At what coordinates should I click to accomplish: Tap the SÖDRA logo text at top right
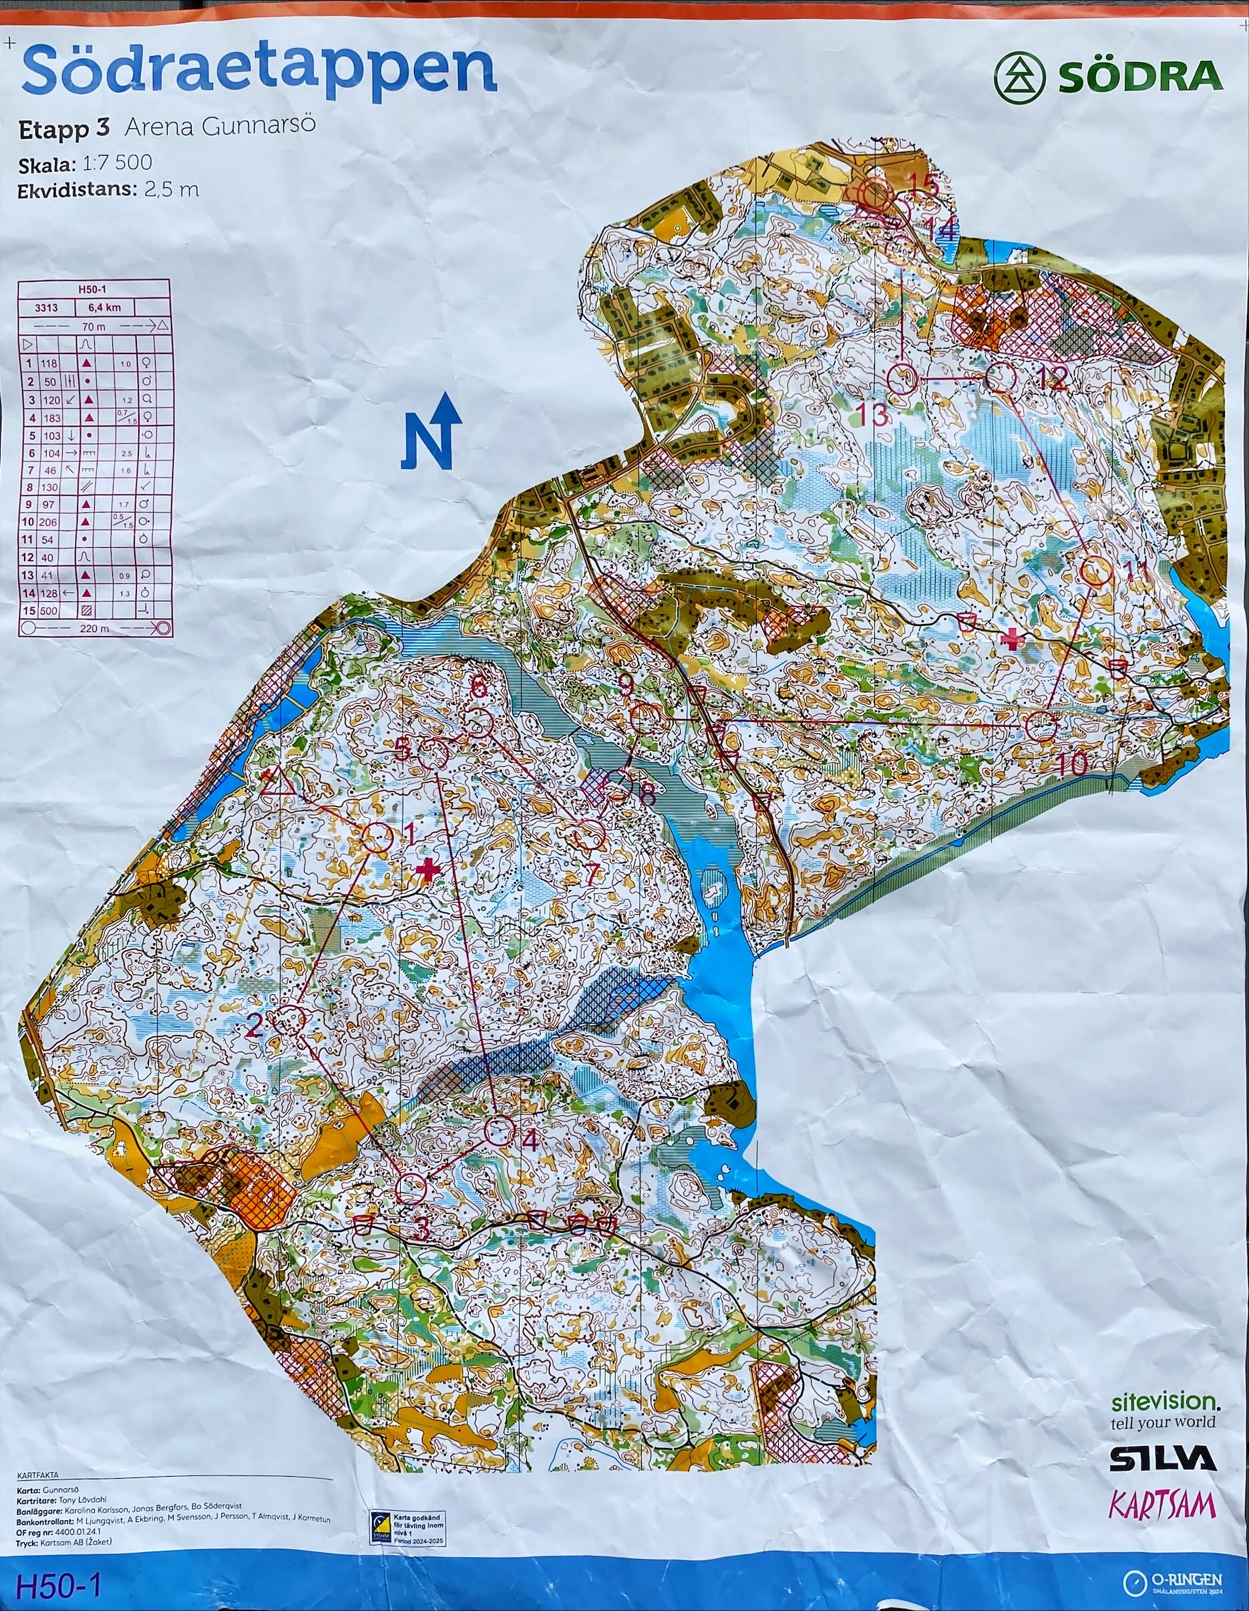click(x=1139, y=78)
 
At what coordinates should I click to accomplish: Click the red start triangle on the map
click(x=277, y=782)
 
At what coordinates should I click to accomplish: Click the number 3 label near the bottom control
click(x=421, y=1228)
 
